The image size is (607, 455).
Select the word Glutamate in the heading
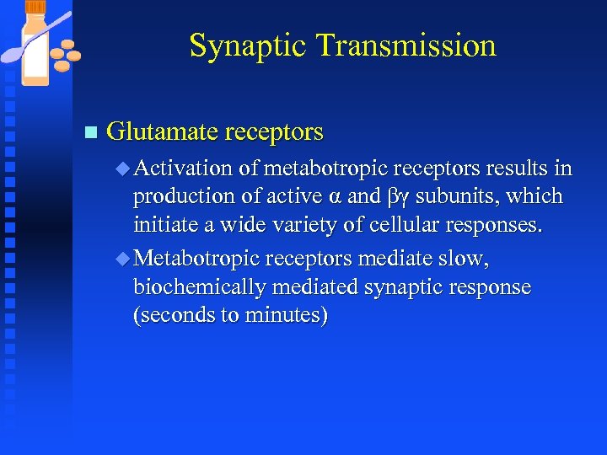click(x=160, y=132)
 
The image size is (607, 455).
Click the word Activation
click(x=183, y=169)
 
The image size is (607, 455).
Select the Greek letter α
click(x=333, y=197)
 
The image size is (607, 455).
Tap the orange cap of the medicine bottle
click(x=37, y=10)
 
